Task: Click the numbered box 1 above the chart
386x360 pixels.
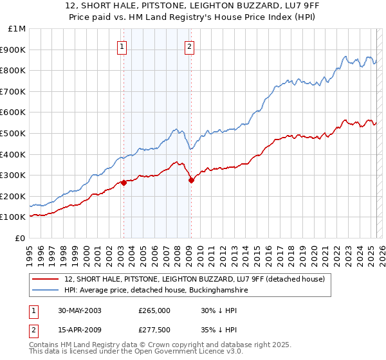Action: point(122,46)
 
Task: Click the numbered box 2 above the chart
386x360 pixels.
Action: point(190,46)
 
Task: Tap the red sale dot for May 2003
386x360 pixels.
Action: point(124,183)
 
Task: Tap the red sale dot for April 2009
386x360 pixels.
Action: point(191,180)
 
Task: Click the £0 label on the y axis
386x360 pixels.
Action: point(19,238)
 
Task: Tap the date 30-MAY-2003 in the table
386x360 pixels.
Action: point(80,310)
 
